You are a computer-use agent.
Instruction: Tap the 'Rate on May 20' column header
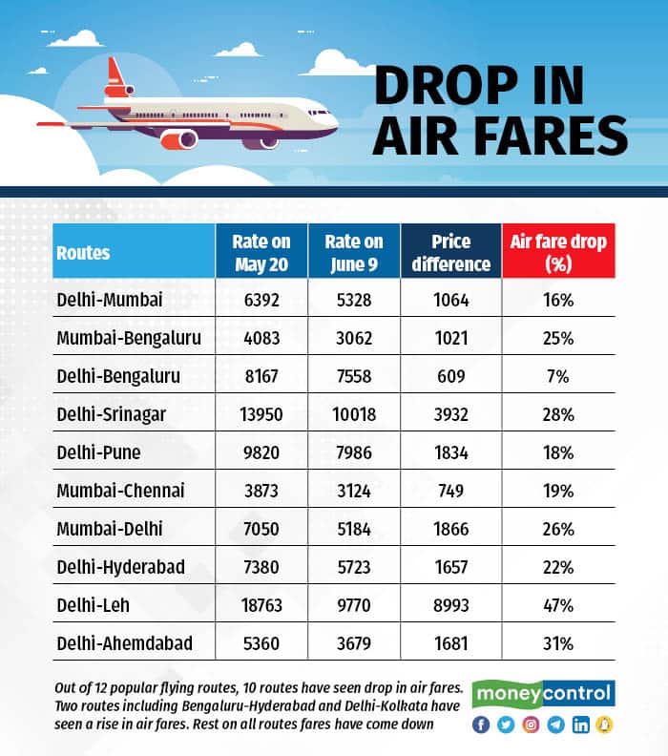261,253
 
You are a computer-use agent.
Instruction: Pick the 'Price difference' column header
451,253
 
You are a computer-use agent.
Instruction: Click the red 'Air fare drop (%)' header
558,253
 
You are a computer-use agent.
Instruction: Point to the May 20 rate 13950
261,414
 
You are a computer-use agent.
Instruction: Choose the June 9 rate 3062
354,338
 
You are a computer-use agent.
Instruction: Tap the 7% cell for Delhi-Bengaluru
558,376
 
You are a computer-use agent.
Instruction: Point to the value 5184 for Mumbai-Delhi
354,529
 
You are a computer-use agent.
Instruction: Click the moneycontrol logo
545,693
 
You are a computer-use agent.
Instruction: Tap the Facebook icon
482,724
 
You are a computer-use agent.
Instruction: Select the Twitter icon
507,724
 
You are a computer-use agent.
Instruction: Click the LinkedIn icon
581,724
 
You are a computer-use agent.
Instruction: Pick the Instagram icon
532,724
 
